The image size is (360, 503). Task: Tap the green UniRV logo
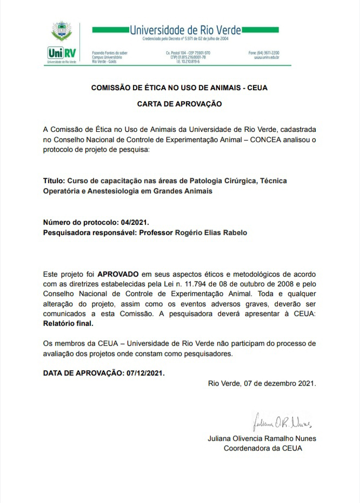(x=61, y=53)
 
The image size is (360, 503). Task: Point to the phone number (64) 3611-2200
(x=264, y=53)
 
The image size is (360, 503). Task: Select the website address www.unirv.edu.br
(x=266, y=57)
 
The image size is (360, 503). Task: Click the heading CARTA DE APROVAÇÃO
(x=179, y=103)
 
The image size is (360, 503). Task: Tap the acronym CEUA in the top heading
(x=257, y=87)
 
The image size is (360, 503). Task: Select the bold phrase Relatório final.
(x=68, y=324)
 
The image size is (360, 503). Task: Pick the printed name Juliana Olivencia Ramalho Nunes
(x=262, y=438)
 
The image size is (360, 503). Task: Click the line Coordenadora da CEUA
(x=263, y=448)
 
